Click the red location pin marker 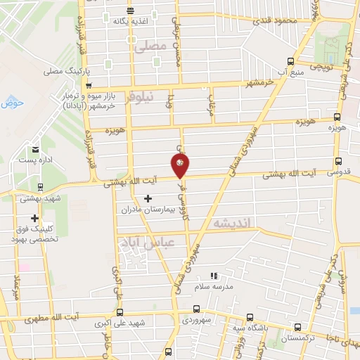(180, 165)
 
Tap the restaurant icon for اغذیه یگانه (131, 11)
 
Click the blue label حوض (13, 103)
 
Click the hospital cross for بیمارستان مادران (147, 199)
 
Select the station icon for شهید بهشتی (41, 188)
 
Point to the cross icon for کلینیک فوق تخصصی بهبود (34, 219)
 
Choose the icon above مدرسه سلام (214, 276)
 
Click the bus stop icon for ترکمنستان (297, 327)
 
